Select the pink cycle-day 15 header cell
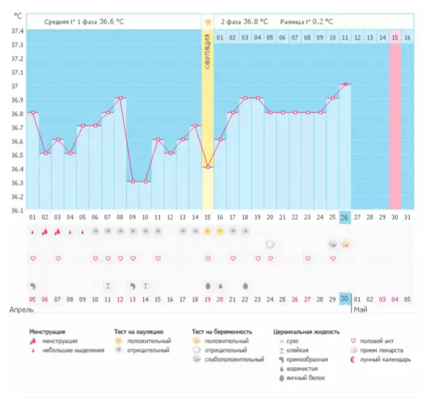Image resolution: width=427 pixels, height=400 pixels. click(395, 38)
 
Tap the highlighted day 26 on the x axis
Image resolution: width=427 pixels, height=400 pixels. click(345, 218)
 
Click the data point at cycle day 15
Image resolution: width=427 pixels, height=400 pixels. click(208, 167)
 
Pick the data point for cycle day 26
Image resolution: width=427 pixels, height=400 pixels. click(345, 84)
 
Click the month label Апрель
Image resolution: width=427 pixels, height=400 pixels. click(20, 309)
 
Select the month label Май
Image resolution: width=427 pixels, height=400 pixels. click(362, 309)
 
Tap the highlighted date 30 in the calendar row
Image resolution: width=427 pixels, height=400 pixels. click(345, 299)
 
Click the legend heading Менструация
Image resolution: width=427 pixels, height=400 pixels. click(48, 331)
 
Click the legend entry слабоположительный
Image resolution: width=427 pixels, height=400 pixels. click(229, 359)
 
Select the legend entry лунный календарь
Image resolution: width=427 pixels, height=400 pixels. click(390, 359)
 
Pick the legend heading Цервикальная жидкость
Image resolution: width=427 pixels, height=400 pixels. click(306, 331)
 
